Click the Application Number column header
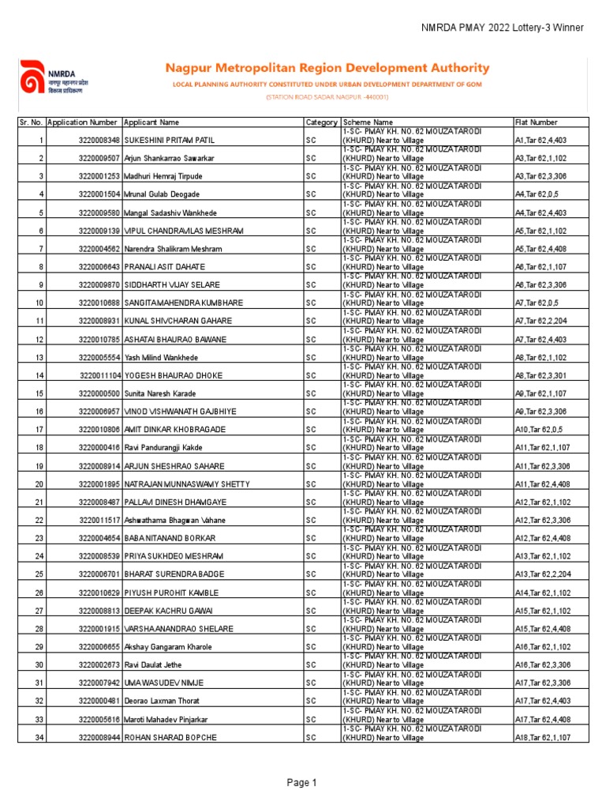point(82,122)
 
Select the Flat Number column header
point(536,122)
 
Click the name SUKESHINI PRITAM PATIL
point(170,140)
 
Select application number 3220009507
point(99,158)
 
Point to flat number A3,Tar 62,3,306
point(541,176)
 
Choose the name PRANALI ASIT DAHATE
point(165,267)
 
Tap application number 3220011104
point(99,375)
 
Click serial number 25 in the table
point(39,574)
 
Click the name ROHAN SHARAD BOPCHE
point(170,737)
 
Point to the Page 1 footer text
point(302,783)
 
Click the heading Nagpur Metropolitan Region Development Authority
point(326,69)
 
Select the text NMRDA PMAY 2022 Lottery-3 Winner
point(503,28)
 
